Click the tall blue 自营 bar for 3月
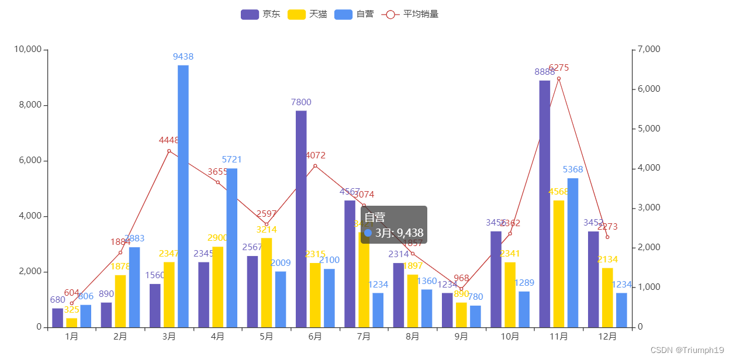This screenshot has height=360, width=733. (183, 196)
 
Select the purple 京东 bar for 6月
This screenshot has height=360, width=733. (301, 219)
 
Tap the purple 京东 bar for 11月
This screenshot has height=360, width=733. (544, 203)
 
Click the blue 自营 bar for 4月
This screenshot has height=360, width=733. (232, 248)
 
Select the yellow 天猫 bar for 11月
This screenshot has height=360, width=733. (559, 264)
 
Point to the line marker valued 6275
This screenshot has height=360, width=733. (559, 79)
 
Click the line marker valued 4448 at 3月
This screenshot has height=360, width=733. (169, 151)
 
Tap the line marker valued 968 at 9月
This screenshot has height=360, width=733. (461, 289)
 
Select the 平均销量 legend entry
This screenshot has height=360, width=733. (410, 14)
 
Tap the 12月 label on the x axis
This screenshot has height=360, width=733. (607, 337)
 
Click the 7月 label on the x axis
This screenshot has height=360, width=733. (364, 337)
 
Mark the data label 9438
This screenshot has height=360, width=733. (183, 57)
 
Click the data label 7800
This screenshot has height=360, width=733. (301, 102)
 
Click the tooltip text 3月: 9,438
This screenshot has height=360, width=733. (399, 233)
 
